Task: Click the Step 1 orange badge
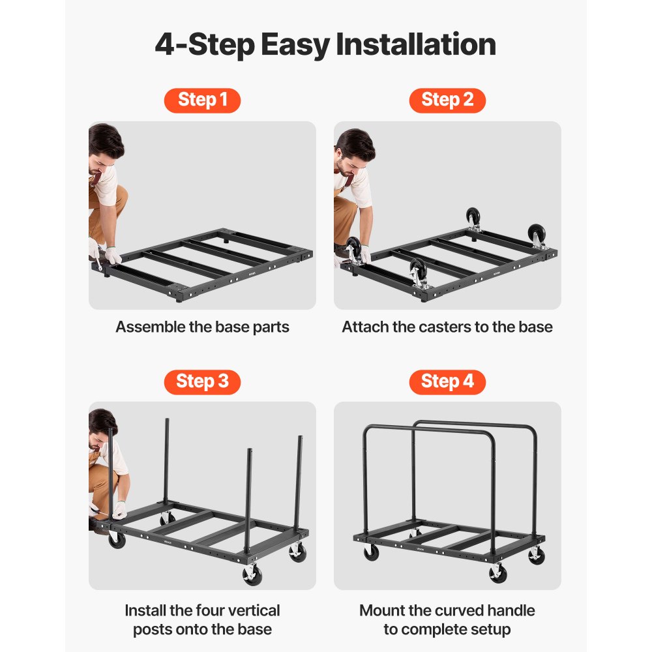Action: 202,100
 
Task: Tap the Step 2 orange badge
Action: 447,100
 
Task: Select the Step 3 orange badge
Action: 202,381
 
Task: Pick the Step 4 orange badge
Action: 447,381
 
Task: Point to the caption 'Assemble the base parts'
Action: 202,327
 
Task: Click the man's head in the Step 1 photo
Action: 104,145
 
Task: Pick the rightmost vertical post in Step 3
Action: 300,482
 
